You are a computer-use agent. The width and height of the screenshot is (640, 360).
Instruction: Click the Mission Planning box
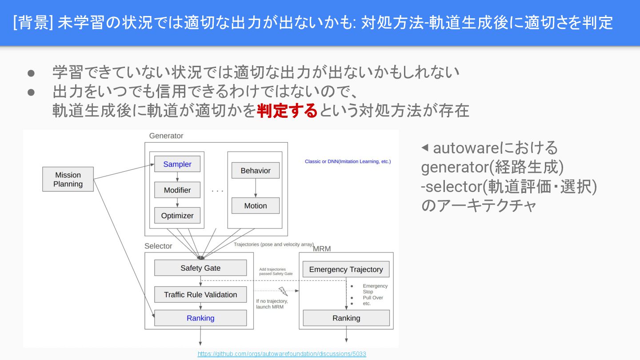tap(68, 179)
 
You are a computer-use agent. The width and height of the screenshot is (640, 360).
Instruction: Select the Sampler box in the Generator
tap(177, 164)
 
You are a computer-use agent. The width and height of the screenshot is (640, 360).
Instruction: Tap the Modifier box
tap(177, 190)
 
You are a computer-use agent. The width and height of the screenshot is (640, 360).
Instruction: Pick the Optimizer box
tap(177, 216)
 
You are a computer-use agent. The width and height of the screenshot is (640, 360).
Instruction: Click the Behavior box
tap(255, 170)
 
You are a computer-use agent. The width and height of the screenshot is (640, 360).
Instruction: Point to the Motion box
tap(255, 206)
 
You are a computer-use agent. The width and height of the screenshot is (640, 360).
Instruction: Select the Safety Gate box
tap(200, 268)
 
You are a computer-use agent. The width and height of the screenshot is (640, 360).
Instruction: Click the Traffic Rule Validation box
tap(200, 294)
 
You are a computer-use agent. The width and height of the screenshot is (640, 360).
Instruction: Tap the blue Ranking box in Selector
tap(200, 318)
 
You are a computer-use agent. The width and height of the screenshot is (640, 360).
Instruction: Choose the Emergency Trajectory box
tap(346, 269)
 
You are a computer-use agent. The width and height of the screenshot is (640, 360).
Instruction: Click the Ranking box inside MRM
tap(346, 318)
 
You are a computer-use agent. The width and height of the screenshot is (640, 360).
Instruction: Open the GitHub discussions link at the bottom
tap(282, 354)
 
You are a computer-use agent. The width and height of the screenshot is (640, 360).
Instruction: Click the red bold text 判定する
tap(287, 110)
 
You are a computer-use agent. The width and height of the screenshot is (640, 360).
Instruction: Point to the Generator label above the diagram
tap(166, 136)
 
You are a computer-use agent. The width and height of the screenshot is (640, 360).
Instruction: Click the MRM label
tap(322, 248)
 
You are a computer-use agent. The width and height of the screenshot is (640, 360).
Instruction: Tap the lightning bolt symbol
tap(283, 292)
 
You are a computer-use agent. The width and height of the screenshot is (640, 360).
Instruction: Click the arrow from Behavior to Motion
tap(255, 188)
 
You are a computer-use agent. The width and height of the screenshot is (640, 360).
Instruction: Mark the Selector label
tap(158, 246)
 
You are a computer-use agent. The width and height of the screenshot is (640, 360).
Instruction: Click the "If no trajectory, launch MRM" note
tap(272, 304)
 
